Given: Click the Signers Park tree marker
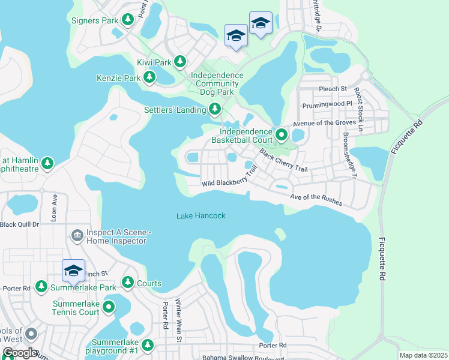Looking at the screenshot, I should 127,20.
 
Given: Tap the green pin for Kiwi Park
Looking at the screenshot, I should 179,61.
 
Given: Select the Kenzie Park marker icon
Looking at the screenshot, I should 149,77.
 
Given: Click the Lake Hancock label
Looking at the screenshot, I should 201,215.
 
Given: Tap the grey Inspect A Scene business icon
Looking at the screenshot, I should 77,235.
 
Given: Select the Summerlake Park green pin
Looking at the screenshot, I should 41,287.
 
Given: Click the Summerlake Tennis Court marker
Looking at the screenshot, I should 109,308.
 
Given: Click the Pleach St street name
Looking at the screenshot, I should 334,89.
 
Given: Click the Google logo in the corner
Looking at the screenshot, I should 20,353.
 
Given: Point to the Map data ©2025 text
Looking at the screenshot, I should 423,355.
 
